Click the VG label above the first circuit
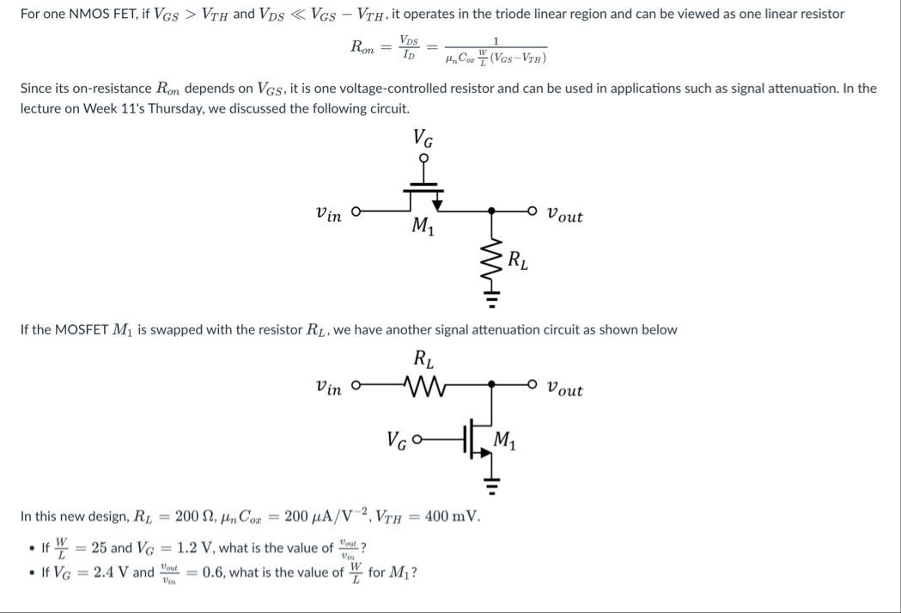[x=423, y=138]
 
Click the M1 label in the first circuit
[x=423, y=228]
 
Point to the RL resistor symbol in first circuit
[x=492, y=258]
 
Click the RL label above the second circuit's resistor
[x=423, y=357]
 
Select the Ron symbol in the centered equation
[x=362, y=49]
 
